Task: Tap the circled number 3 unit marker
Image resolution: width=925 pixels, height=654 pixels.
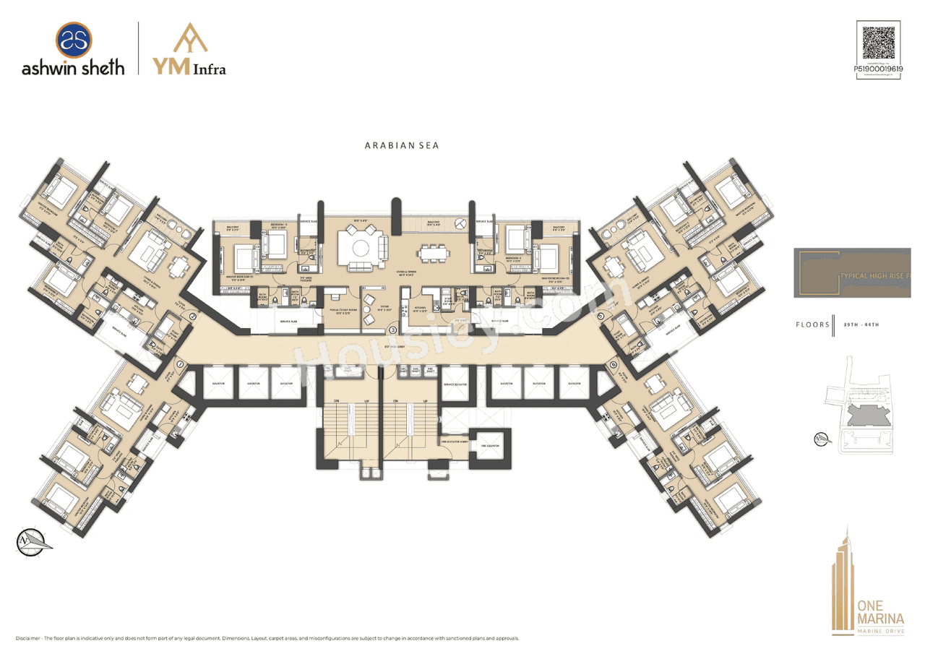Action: pyautogui.click(x=392, y=330)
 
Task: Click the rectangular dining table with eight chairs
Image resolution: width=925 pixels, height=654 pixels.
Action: pyautogui.click(x=434, y=254)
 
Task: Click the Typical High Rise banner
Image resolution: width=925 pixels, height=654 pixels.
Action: pyautogui.click(x=852, y=273)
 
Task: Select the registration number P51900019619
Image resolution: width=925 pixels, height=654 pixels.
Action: pyautogui.click(x=877, y=68)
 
